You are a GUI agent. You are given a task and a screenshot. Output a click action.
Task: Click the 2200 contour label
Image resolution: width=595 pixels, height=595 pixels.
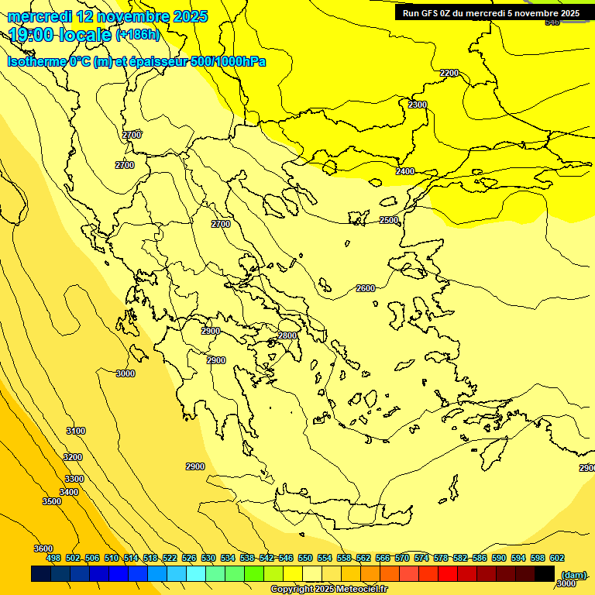pos(449,73)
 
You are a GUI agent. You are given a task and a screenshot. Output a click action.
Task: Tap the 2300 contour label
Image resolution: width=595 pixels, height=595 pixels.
pos(418,105)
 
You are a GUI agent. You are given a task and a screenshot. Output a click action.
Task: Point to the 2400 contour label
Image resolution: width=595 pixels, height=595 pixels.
pos(405,171)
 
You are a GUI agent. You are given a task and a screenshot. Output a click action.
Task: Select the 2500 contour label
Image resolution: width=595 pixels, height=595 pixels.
pos(389,220)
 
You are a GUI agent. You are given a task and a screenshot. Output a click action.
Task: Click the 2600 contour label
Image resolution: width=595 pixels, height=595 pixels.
pos(366,288)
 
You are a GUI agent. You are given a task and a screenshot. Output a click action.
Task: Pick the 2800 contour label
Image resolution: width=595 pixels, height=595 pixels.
pos(287,335)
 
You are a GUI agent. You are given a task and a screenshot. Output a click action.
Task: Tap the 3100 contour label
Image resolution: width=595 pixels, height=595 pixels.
pos(76,431)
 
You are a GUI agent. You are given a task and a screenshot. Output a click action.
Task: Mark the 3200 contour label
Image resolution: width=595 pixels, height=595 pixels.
pos(73,457)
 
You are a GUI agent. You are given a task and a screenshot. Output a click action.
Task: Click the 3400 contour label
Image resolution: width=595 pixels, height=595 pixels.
pos(69,492)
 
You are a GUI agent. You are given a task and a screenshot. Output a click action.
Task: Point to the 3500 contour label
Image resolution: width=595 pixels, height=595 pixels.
pos(52,501)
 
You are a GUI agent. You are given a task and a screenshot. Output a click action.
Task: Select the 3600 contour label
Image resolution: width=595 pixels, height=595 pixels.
pos(43,549)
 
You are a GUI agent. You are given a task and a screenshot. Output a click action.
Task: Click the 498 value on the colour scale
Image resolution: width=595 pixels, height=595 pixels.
pos(53,558)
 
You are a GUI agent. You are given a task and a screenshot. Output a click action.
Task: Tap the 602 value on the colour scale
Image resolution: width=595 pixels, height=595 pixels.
pos(556,558)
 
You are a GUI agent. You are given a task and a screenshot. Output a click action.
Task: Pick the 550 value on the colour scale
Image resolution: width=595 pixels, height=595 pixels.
pos(305,558)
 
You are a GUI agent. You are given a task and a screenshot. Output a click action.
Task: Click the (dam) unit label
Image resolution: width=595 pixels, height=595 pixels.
pos(573,574)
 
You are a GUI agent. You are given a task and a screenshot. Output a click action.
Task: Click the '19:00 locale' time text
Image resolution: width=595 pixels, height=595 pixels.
pos(60,34)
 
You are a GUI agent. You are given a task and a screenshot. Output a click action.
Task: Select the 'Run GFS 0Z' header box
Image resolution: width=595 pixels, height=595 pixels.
pos(490,13)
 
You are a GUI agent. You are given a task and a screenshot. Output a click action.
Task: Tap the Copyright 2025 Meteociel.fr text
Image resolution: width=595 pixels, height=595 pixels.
pos(328,590)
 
